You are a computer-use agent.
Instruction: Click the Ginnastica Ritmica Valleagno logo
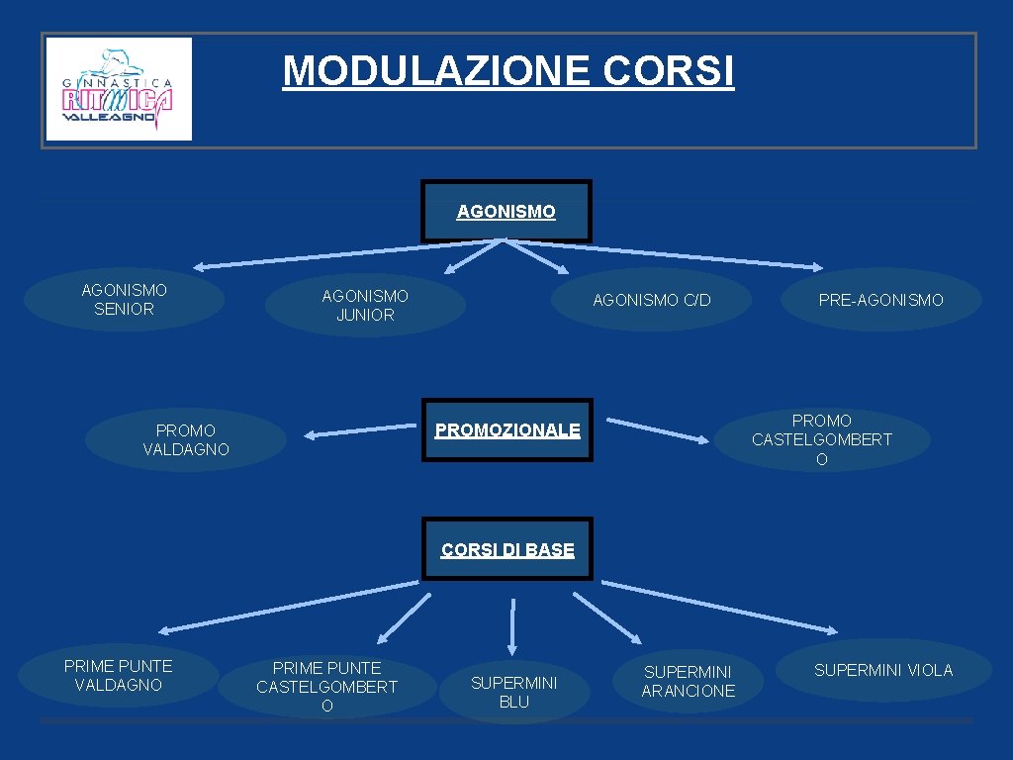click(x=119, y=89)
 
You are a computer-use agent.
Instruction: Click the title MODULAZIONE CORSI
click(x=508, y=71)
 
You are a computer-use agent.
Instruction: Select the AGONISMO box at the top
click(x=506, y=211)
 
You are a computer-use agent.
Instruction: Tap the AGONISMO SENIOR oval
click(x=124, y=299)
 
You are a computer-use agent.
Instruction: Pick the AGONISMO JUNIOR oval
click(x=365, y=306)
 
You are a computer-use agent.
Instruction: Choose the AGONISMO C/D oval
click(x=651, y=300)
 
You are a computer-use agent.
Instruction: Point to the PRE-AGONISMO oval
click(x=880, y=300)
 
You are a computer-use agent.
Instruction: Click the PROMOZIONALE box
click(x=507, y=430)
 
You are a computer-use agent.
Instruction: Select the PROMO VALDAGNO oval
click(x=185, y=440)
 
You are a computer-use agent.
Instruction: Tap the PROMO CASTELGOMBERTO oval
click(x=822, y=440)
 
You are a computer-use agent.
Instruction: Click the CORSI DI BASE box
click(x=507, y=549)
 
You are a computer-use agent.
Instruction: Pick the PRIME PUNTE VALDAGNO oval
click(x=118, y=675)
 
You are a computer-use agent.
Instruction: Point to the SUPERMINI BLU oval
click(x=513, y=692)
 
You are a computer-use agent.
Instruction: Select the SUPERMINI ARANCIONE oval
click(x=689, y=682)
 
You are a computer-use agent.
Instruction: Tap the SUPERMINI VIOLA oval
click(x=883, y=670)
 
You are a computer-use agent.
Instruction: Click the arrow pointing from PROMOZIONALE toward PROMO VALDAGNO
click(x=359, y=430)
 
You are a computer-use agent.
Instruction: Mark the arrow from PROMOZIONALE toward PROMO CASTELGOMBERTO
click(x=657, y=430)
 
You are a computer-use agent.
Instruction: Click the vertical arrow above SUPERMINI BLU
click(x=512, y=624)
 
